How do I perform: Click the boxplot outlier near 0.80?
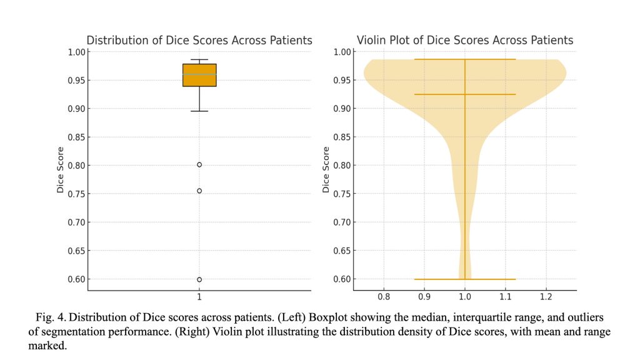coord(199,164)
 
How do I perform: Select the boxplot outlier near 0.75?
coord(199,191)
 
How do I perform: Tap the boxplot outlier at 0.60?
coord(199,279)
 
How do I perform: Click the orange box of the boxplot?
coord(199,75)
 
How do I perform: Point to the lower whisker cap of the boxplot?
coord(199,111)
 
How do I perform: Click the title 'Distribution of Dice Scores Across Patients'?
coord(199,41)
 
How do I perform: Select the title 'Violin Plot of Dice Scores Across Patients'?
coord(464,41)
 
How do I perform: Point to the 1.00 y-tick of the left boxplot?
coord(75,52)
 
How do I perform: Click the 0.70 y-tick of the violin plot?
coord(341,222)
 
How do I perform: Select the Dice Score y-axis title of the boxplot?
coord(61,169)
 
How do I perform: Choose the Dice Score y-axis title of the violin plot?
coord(326,169)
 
